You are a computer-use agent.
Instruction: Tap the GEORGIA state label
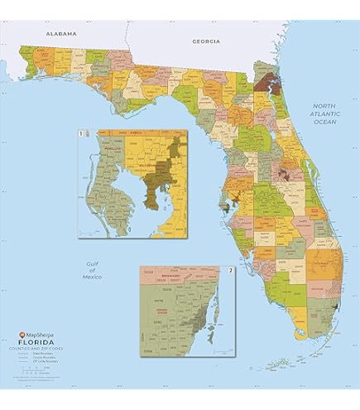(206, 41)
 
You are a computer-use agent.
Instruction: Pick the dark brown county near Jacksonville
(266, 81)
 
